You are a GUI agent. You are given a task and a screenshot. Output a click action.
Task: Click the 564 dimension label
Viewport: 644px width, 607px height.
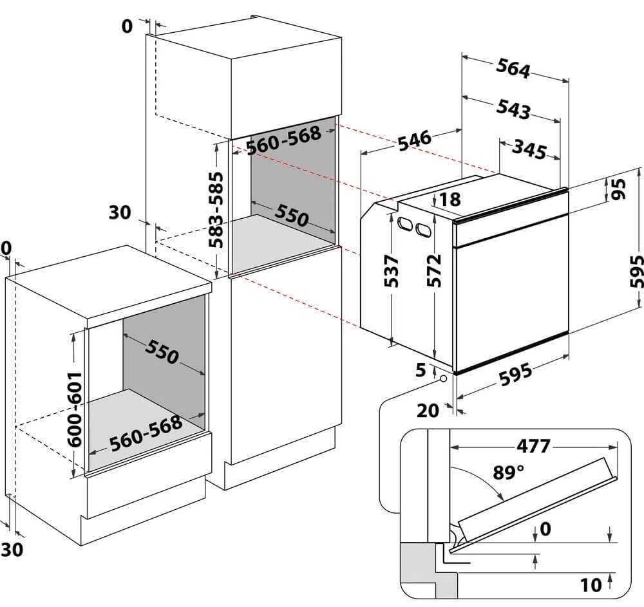coord(513,68)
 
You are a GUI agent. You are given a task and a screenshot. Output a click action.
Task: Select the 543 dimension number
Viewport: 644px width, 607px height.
coord(513,109)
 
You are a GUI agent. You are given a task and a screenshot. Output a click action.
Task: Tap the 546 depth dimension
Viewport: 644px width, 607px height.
coord(414,140)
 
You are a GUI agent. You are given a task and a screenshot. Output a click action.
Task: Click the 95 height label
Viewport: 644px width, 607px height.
coord(618,189)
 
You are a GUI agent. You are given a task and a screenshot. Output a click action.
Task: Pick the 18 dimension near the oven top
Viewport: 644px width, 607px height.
coord(451,200)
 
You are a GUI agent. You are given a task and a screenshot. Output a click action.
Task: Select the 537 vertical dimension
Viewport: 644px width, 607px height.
coord(391,271)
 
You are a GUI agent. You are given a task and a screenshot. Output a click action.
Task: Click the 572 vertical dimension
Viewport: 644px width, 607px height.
coord(433,270)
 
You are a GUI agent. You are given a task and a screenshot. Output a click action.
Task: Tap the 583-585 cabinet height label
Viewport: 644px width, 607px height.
coord(216,210)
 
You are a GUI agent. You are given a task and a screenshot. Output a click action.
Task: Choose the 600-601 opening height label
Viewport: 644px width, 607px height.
coord(75,409)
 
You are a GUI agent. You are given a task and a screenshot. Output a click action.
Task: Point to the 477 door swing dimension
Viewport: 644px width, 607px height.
coord(533,446)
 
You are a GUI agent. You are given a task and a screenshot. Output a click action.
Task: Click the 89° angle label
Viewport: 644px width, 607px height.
coord(509,472)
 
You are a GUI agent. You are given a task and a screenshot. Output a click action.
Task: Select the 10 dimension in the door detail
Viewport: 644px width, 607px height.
coord(591,586)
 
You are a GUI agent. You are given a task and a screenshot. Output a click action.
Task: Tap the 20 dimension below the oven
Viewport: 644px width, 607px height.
coord(428,411)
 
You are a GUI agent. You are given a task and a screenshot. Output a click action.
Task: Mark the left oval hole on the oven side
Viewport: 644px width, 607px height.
coord(405,224)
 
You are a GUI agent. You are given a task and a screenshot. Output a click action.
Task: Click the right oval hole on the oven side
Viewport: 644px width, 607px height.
coord(424,229)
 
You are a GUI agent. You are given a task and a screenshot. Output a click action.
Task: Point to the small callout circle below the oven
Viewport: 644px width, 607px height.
coord(443,378)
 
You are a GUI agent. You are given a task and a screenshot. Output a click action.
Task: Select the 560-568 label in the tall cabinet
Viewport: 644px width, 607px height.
coord(283,140)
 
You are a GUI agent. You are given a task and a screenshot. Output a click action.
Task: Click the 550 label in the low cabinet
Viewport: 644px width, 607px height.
coord(162,351)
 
